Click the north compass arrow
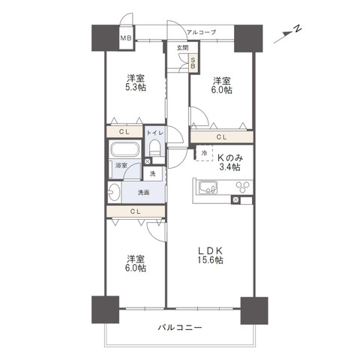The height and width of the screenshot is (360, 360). (x=290, y=31)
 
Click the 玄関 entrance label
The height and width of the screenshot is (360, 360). (x=182, y=47)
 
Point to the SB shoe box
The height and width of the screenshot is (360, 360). (x=193, y=64)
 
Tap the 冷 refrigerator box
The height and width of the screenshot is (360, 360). (x=204, y=153)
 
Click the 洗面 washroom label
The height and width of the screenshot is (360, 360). (x=142, y=193)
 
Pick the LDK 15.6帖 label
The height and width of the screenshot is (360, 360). (x=210, y=255)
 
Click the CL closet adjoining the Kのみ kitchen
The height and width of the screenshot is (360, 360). (x=222, y=137)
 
